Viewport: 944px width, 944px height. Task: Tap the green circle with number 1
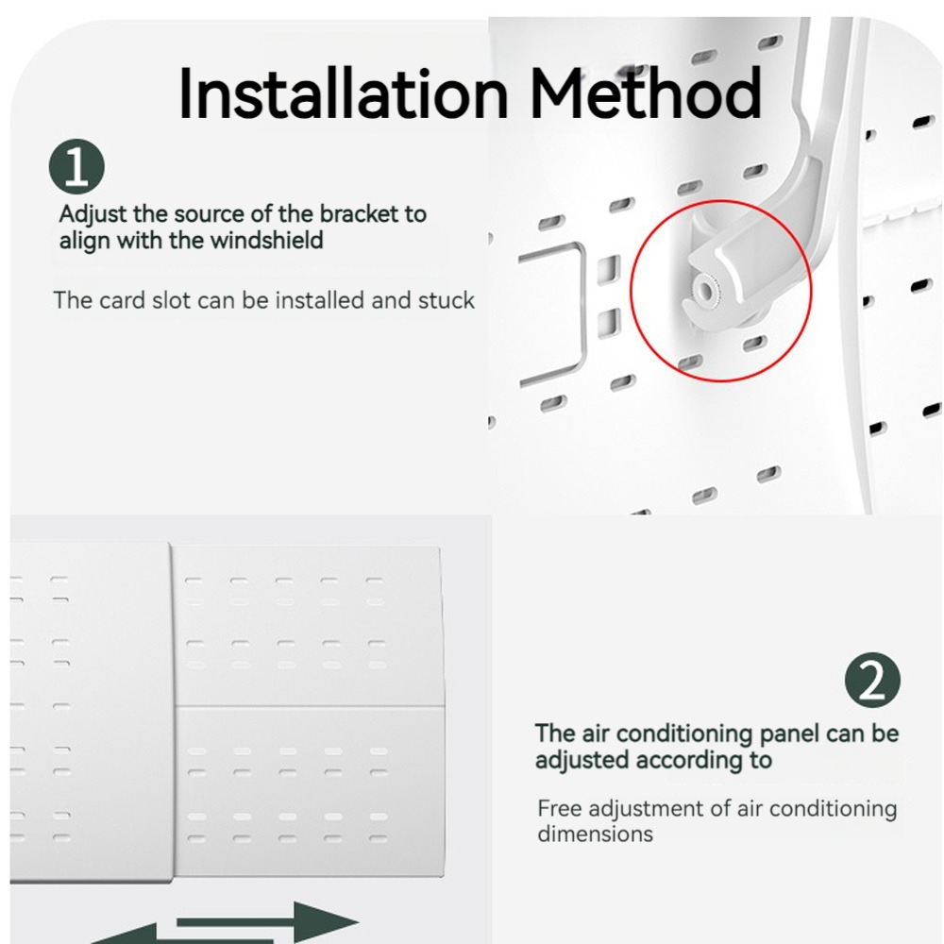[76, 167]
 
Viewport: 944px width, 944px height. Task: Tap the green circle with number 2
[873, 681]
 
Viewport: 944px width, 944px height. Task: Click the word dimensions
[595, 834]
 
